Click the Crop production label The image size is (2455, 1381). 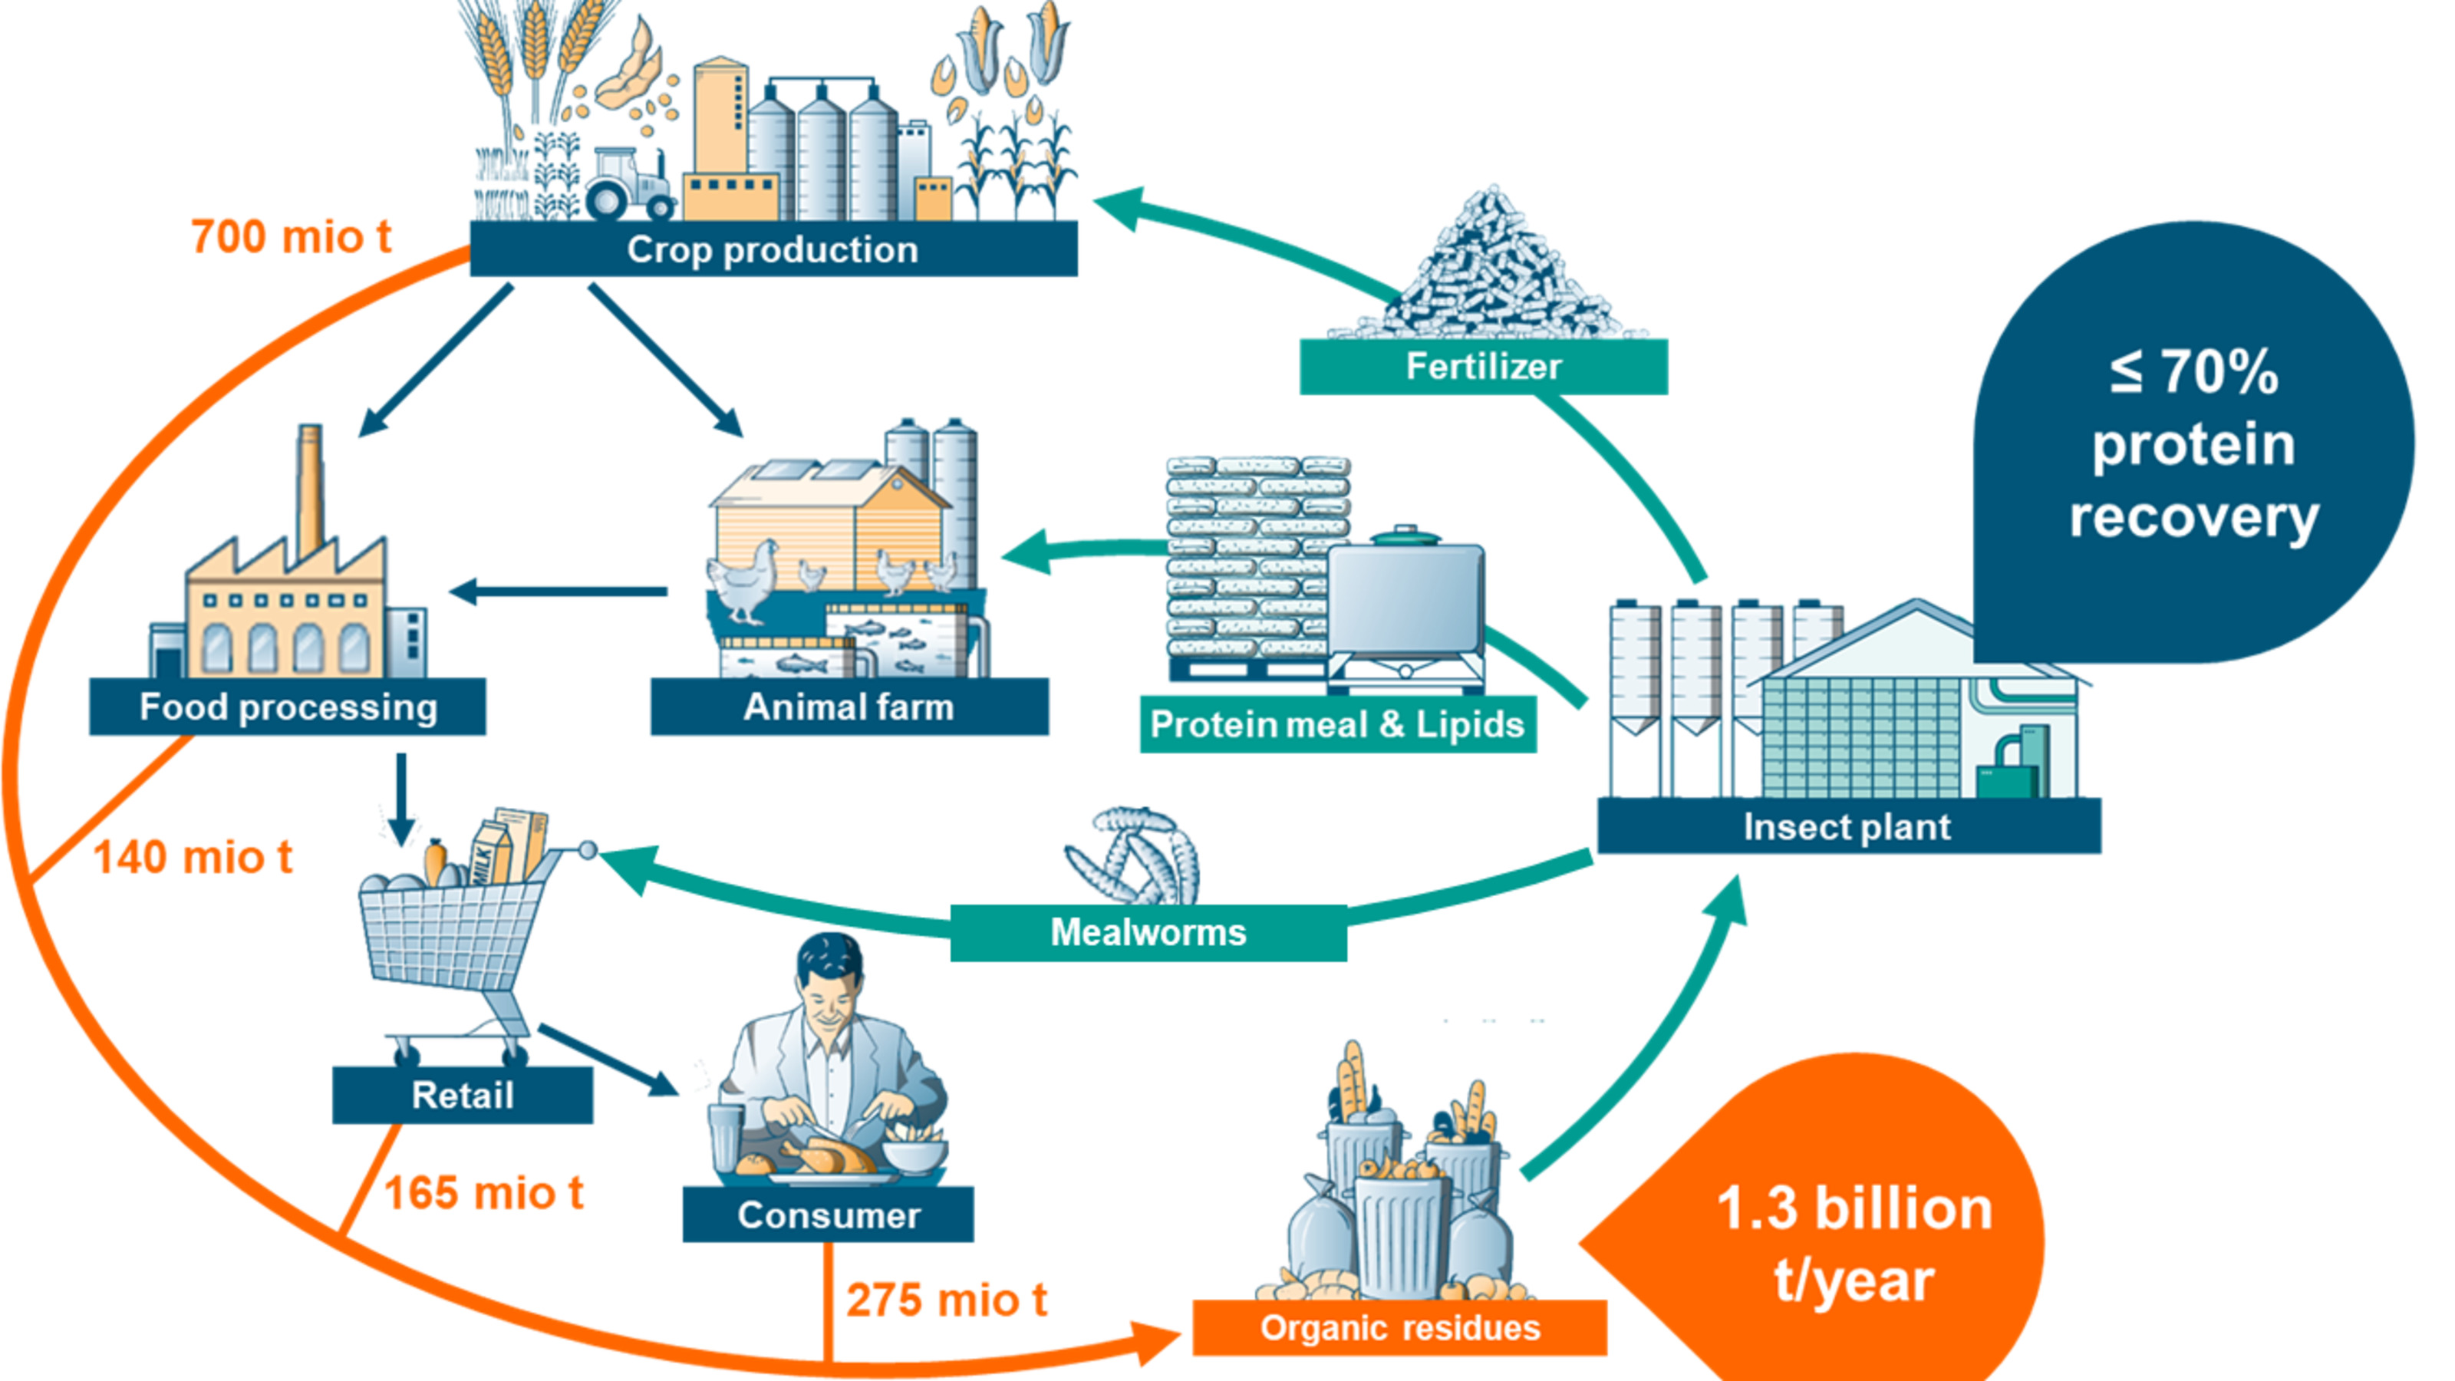tap(773, 249)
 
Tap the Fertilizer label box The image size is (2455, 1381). tap(1483, 367)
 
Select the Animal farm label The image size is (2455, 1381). tap(849, 707)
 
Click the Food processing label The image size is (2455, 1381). tap(288, 707)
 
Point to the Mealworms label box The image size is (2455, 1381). tap(1148, 932)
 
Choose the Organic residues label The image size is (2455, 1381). tap(1399, 1327)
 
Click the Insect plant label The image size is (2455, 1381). tap(1847, 826)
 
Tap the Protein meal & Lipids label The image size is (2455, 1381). tap(1337, 725)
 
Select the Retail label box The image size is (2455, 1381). tap(462, 1095)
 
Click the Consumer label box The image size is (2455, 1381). tap(829, 1215)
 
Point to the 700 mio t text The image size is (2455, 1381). tap(291, 237)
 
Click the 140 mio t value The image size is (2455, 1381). tap(193, 858)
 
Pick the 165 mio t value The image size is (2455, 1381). tap(483, 1193)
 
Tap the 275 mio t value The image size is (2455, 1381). tap(947, 1300)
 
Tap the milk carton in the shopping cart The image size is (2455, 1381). tap(491, 853)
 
